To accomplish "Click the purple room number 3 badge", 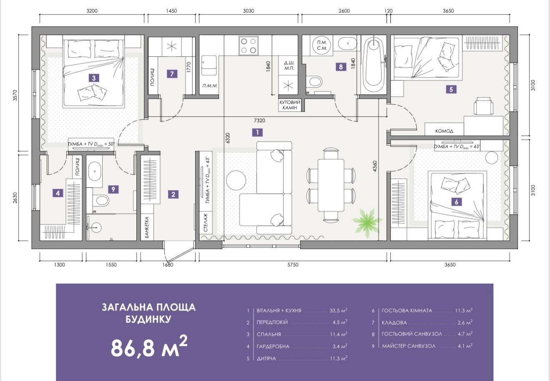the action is [94, 78].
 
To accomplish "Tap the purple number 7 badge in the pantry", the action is [172, 74].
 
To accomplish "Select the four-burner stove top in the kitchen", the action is [249, 45].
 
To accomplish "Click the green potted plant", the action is [367, 223].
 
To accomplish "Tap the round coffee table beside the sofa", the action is [236, 180].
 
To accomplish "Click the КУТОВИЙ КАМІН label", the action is [289, 105].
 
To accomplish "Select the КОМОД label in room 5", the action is [444, 131].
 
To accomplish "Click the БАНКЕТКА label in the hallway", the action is [147, 227].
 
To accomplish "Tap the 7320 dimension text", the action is [259, 120].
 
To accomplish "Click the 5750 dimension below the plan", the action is [293, 265].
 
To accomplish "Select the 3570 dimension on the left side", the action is [15, 95].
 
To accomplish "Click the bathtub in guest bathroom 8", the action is [374, 65].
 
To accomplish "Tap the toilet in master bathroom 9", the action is [101, 200].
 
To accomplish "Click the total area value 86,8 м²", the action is [149, 346].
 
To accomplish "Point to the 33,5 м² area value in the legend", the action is [338, 310].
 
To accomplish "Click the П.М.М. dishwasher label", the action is [210, 86].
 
